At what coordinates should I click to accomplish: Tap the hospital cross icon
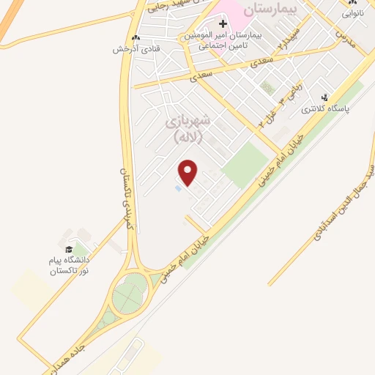[x=223, y=24]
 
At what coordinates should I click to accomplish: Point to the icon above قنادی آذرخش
[x=135, y=38]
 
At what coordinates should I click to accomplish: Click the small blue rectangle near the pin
[x=179, y=189]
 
